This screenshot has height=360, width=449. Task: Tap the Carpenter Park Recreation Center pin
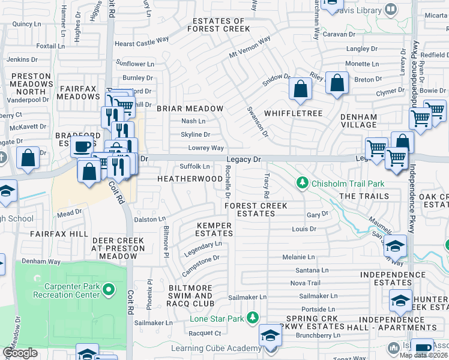coord(109,290)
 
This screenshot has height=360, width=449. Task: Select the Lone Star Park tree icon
coord(254,317)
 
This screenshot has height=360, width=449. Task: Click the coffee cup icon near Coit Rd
coord(82,146)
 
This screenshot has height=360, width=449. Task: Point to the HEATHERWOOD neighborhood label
coord(190,179)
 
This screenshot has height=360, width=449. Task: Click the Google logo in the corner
coord(20,353)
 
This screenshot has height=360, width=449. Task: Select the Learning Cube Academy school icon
coord(270,334)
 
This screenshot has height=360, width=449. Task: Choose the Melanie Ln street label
coord(298,257)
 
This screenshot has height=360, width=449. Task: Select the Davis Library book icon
coord(391,10)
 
